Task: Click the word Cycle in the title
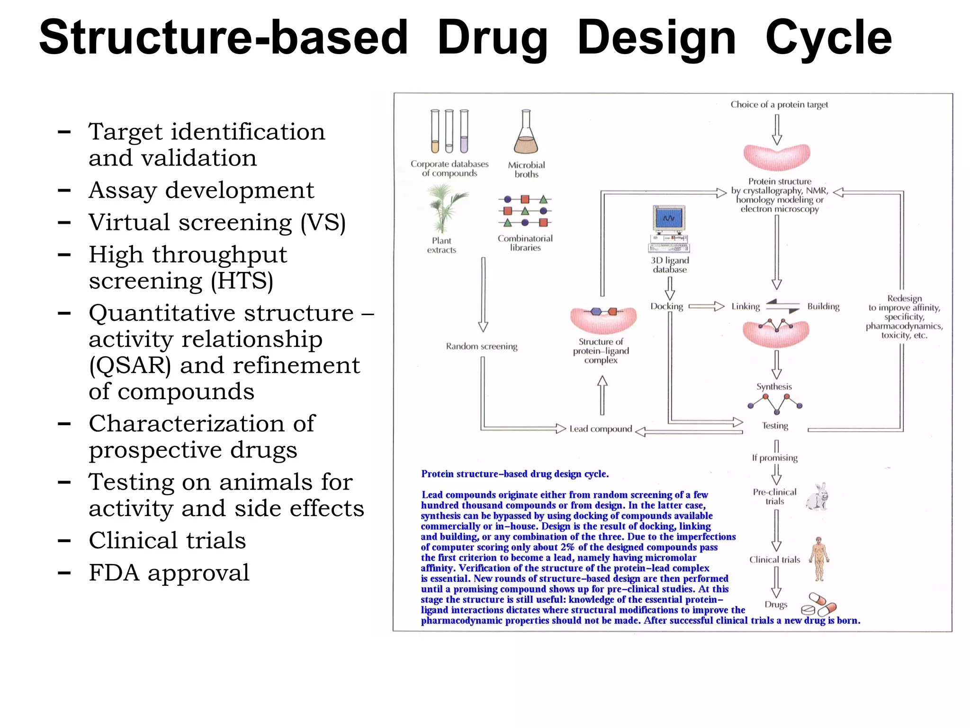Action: [828, 38]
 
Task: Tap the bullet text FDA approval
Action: [169, 573]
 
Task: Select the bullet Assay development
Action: [201, 190]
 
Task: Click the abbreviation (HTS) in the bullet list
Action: [242, 281]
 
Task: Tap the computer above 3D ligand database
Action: [669, 228]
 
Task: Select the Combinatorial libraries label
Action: [525, 243]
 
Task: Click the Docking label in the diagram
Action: [666, 306]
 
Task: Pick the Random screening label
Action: [481, 346]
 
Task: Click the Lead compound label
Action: [600, 429]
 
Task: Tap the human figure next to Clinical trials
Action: [819, 559]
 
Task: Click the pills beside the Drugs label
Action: [818, 604]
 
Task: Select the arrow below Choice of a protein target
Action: [777, 129]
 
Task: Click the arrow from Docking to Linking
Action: [706, 306]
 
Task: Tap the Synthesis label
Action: [774, 386]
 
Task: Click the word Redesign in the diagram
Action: [904, 298]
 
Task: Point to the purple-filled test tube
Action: [464, 132]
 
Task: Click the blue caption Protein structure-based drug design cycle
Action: [515, 474]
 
